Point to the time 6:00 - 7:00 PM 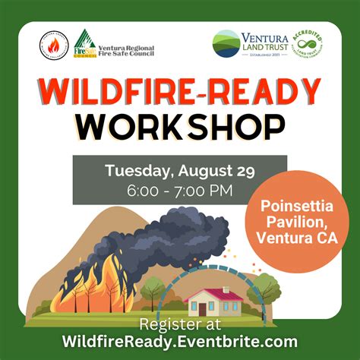tap(179, 190)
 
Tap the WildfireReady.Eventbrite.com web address tap(179, 341)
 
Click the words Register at tap(179, 324)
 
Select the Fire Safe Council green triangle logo tap(85, 44)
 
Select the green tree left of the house tap(154, 289)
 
